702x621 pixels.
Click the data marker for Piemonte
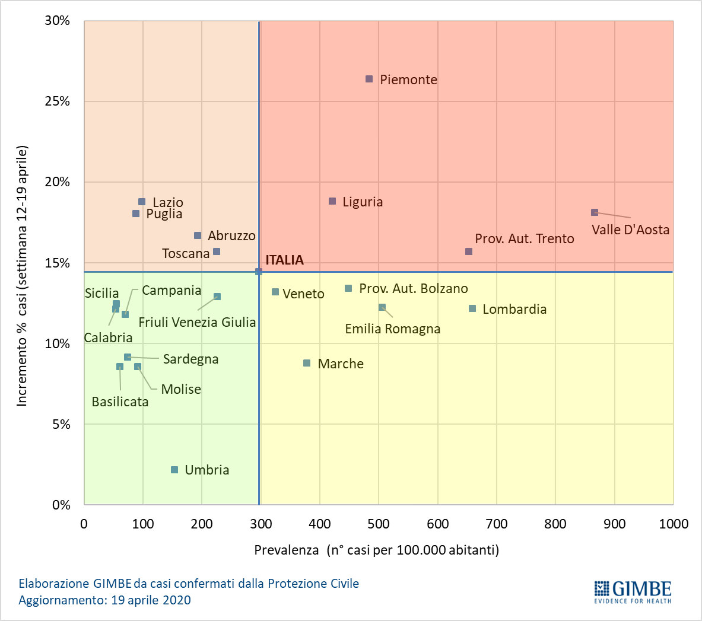coord(369,79)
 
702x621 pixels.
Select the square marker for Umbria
coord(174,470)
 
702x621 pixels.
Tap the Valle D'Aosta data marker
coord(595,212)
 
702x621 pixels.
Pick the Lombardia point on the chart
coord(472,308)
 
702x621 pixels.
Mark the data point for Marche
coord(307,363)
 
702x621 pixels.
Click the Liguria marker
coord(332,202)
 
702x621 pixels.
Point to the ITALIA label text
coord(284,260)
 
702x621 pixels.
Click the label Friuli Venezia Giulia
coord(197,322)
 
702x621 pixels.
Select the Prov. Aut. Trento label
coord(525,238)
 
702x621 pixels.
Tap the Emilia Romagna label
coord(393,329)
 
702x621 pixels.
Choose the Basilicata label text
coord(120,402)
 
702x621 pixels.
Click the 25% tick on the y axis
coord(58,101)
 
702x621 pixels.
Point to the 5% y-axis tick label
coord(61,424)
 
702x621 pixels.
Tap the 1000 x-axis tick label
coord(674,524)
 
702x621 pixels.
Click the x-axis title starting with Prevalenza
coord(376,550)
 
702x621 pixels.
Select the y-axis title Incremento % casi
coord(22,276)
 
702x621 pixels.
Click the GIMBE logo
coord(633,591)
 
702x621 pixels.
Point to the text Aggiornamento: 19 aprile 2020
coord(105,600)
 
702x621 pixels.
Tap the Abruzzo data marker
coord(198,235)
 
